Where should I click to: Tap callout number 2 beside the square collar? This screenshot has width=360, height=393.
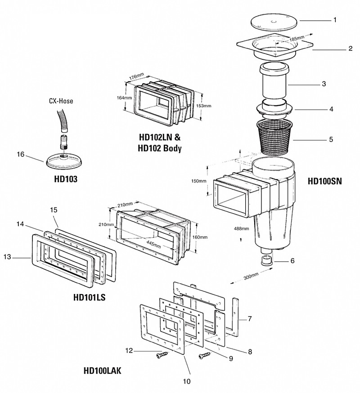pos(350,49)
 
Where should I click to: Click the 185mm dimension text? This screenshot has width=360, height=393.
pos(297,39)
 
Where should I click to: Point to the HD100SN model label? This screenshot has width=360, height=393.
pos(324,181)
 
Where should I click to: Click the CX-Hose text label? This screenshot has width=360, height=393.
pos(61,101)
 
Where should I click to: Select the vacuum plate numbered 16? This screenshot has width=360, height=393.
pos(65,160)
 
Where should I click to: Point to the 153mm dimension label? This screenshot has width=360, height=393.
pos(203,106)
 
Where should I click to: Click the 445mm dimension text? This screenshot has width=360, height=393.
pos(153,243)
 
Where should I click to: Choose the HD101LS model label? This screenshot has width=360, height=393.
pos(89,297)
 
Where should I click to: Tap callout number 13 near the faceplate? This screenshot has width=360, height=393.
pos(8,257)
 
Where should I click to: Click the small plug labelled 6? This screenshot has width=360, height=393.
pos(265,261)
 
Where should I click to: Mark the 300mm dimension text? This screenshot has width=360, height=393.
pos(251,277)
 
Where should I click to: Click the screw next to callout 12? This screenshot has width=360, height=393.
pos(162,355)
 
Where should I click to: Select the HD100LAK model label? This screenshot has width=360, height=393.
pos(102,371)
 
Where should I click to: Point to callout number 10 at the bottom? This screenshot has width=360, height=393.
pos(187,381)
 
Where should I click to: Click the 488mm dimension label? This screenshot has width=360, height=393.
pos(241,228)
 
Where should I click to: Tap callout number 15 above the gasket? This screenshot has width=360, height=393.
pos(54,210)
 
